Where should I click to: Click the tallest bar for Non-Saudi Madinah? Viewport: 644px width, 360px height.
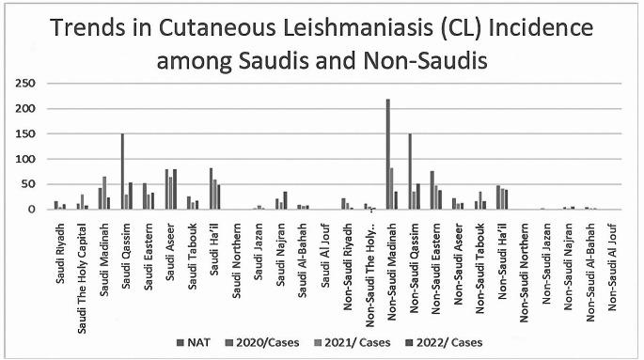387,154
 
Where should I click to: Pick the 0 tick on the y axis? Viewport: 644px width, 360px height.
28,210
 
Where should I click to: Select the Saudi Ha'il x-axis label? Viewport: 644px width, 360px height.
214,246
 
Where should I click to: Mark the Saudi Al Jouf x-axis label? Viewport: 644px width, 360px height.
325,250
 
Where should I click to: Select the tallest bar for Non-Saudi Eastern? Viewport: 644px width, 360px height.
432,191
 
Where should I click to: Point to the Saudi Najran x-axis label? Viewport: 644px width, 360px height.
281,248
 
